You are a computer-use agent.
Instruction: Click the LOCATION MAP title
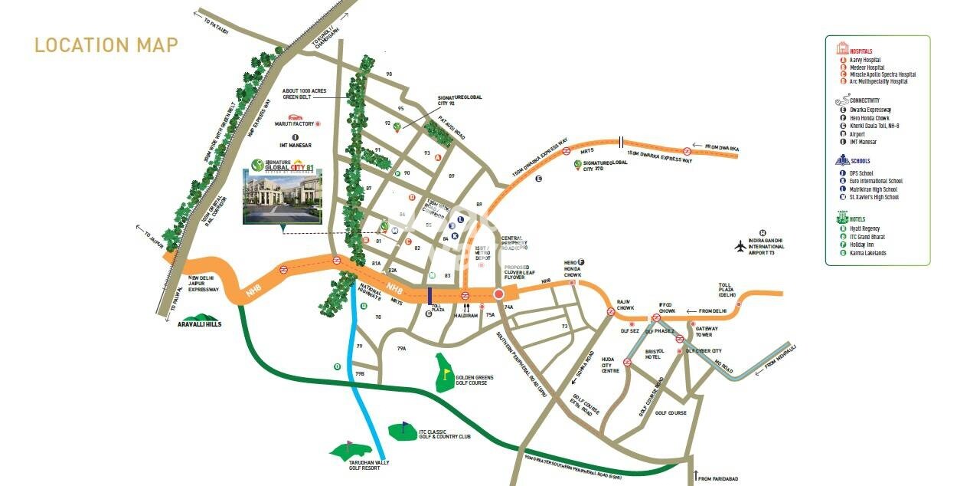106,45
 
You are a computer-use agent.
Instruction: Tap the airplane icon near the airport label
740,247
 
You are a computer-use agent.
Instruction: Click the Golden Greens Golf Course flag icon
446,373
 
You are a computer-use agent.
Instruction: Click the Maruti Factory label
295,123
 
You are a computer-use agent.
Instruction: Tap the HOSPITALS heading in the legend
861,51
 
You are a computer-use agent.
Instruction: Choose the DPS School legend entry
864,173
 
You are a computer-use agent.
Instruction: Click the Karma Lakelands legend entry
867,253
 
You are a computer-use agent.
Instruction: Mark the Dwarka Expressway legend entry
870,110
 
